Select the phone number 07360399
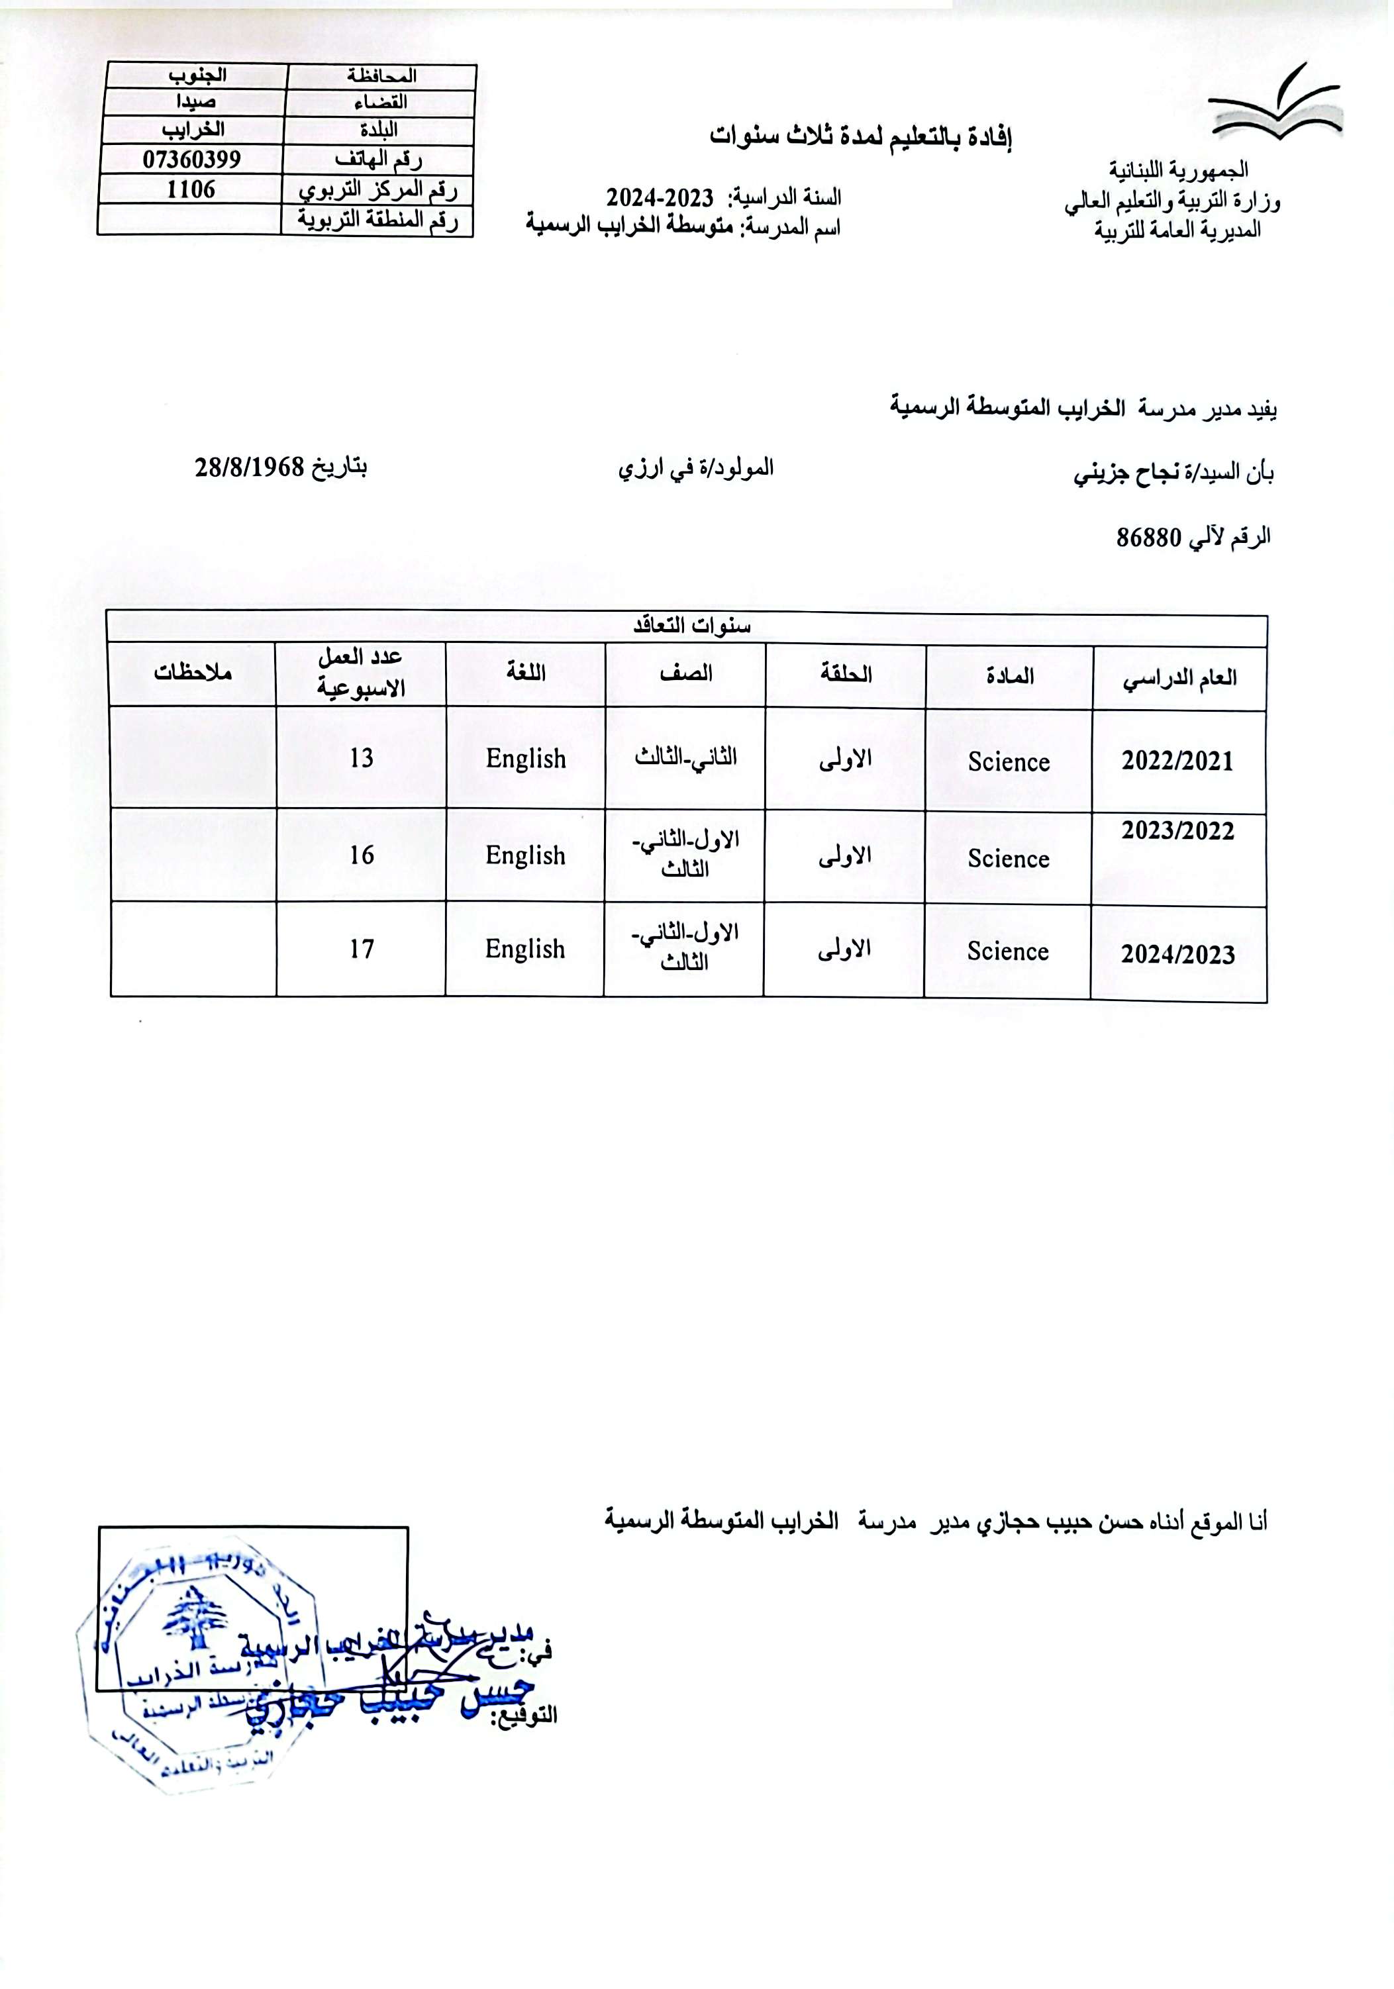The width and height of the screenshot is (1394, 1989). tap(191, 160)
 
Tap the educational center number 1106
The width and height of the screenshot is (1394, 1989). tap(191, 189)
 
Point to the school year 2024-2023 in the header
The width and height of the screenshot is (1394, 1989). tap(660, 197)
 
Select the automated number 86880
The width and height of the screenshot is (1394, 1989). tap(1149, 538)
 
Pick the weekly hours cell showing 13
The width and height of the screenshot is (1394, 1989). tap(362, 758)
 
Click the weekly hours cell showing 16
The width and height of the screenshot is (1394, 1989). tap(362, 855)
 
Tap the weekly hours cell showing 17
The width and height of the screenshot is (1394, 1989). tap(362, 949)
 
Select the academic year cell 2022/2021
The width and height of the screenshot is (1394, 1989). tap(1177, 761)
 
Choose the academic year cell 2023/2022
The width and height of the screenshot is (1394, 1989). tap(1177, 831)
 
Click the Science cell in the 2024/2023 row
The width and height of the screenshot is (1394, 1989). tap(1008, 951)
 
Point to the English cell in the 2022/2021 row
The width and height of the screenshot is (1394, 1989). tap(525, 759)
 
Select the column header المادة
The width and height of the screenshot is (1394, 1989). tap(1009, 676)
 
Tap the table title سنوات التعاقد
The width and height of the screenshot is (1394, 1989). tap(691, 626)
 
